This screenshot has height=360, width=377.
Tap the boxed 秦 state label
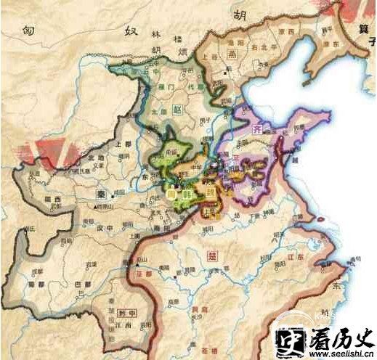pos(100,195)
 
